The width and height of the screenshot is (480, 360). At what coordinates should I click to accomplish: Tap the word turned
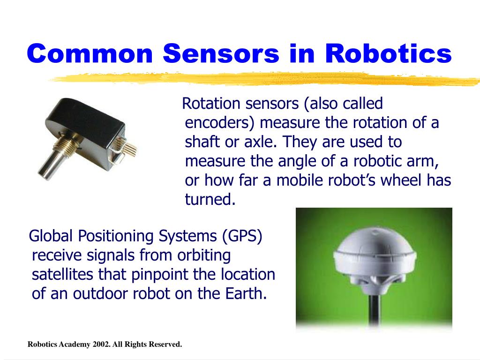tap(209, 200)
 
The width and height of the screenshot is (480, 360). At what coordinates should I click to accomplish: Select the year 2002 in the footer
tap(101, 345)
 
